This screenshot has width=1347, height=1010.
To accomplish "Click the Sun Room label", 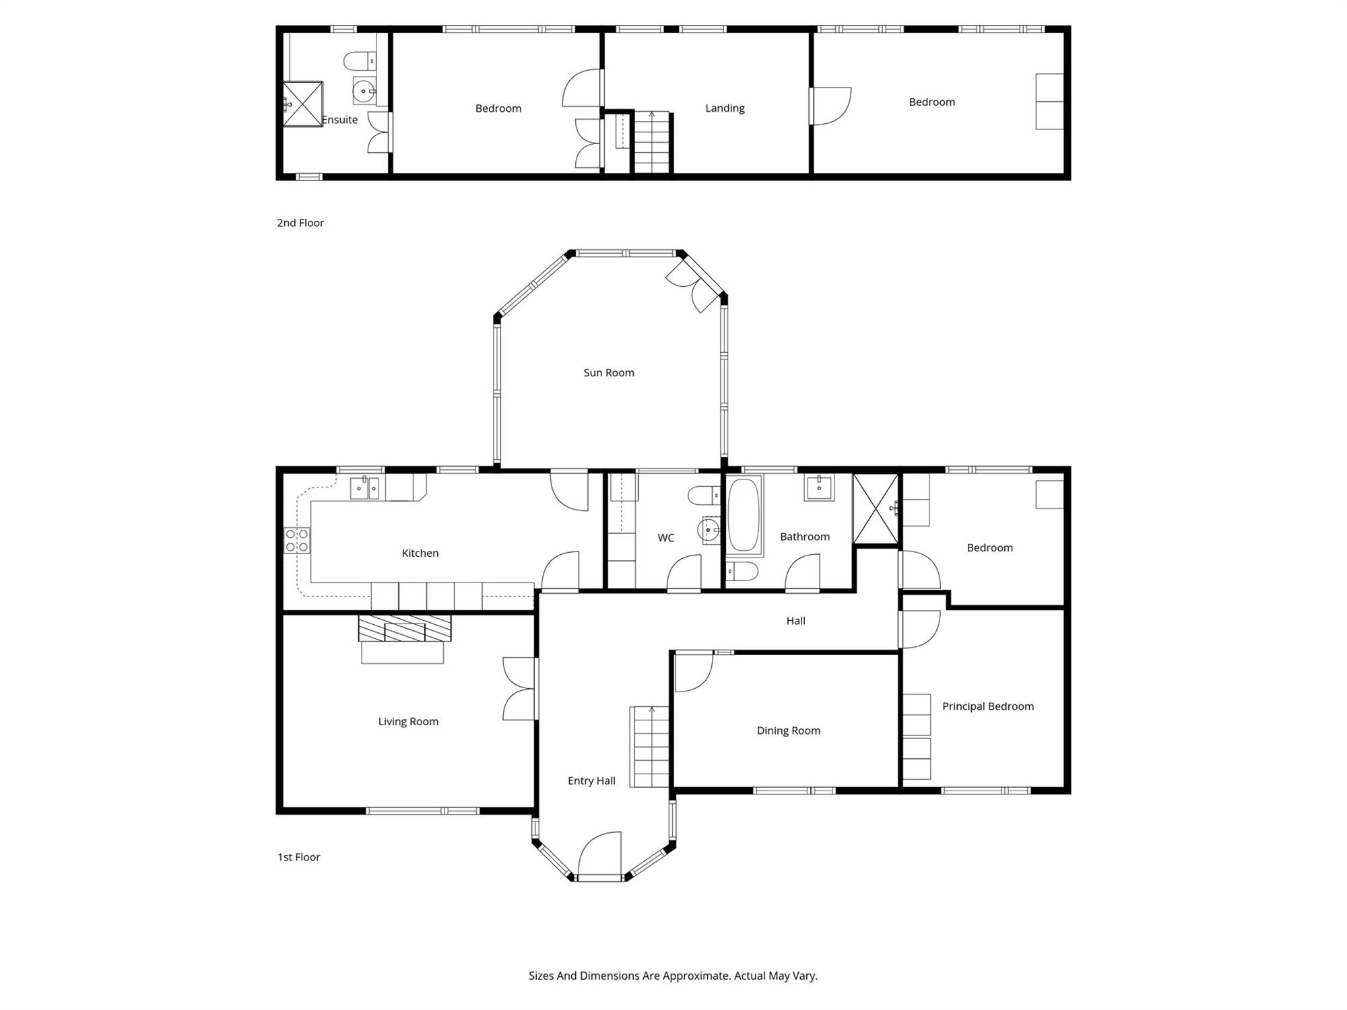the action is [609, 372].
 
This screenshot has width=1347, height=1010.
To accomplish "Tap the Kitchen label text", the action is [420, 553].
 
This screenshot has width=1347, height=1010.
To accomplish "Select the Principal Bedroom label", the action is [988, 706].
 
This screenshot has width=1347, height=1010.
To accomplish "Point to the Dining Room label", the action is [789, 731].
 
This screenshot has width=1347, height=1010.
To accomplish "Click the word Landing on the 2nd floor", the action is [725, 108].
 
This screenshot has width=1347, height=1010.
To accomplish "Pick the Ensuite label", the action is [339, 120].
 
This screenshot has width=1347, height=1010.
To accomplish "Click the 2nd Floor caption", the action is [300, 223].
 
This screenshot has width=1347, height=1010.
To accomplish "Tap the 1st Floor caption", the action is [299, 857].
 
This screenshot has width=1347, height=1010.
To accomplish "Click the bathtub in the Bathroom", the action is [744, 516].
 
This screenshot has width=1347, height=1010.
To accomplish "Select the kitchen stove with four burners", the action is [297, 540].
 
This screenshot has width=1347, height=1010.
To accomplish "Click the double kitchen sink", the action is [364, 488].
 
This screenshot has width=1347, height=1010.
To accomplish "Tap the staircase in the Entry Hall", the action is [650, 746].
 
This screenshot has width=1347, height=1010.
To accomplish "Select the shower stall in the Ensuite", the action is [302, 104].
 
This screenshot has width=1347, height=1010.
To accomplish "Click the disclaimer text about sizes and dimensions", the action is [673, 976].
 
